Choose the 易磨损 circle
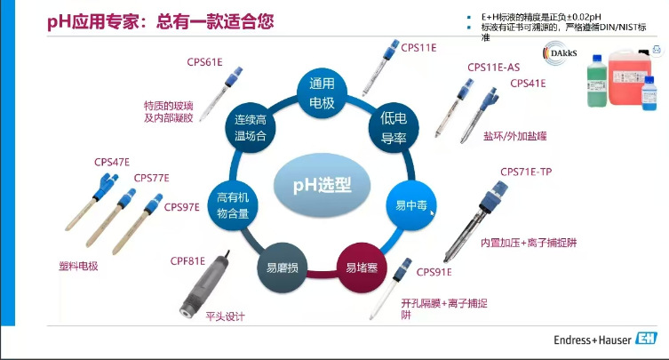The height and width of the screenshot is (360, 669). (278, 266)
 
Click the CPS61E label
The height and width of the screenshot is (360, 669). (204, 63)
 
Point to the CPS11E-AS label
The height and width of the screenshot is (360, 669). (493, 67)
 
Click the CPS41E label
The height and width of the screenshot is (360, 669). (528, 84)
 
